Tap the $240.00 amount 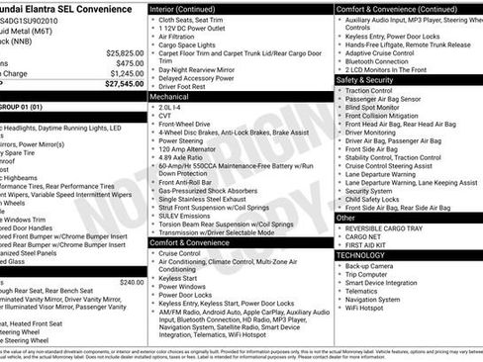131,282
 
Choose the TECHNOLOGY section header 360,255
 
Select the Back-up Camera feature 372,266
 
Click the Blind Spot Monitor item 377,107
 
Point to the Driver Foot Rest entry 183,87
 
